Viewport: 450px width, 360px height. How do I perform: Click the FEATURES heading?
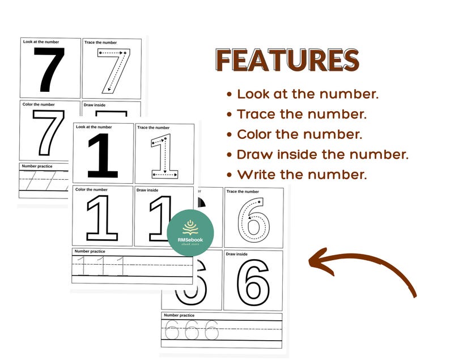(x=287, y=61)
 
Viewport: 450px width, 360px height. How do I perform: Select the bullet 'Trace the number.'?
(x=301, y=114)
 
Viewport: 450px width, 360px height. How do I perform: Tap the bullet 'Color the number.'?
(x=299, y=134)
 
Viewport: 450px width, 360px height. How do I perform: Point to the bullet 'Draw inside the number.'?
(x=321, y=154)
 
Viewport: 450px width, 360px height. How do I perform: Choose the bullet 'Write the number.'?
(x=301, y=175)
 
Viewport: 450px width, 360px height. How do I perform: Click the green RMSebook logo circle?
(x=190, y=233)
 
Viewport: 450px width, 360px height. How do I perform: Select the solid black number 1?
(x=103, y=156)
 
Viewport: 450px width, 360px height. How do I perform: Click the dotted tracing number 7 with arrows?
(x=113, y=70)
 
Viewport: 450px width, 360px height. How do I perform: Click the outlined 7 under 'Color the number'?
(x=48, y=133)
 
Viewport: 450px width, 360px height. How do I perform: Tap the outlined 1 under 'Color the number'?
(x=102, y=218)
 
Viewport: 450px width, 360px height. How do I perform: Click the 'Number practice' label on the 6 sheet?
(x=179, y=315)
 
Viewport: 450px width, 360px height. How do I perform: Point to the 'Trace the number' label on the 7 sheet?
(x=100, y=43)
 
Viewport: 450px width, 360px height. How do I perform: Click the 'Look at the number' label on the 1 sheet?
(x=94, y=127)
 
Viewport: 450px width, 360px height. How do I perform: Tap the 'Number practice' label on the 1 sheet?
(x=90, y=251)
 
